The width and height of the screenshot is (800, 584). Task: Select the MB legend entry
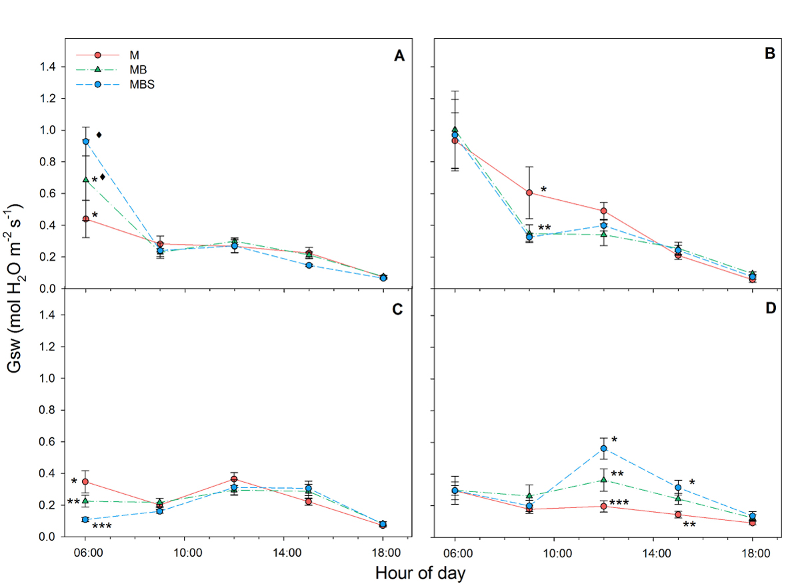(139, 69)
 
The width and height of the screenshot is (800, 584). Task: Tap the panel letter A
(399, 56)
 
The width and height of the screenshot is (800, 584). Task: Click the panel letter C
(399, 309)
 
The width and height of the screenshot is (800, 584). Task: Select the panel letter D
(769, 309)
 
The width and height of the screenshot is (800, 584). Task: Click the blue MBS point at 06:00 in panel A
(86, 141)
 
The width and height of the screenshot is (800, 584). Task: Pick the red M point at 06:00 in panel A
(86, 219)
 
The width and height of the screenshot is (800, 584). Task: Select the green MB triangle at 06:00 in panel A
(86, 179)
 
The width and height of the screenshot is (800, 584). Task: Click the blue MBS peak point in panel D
(604, 448)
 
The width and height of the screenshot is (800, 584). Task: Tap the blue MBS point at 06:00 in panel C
(86, 519)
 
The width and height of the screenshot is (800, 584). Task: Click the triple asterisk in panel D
(619, 503)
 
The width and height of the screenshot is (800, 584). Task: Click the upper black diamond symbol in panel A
(99, 135)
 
